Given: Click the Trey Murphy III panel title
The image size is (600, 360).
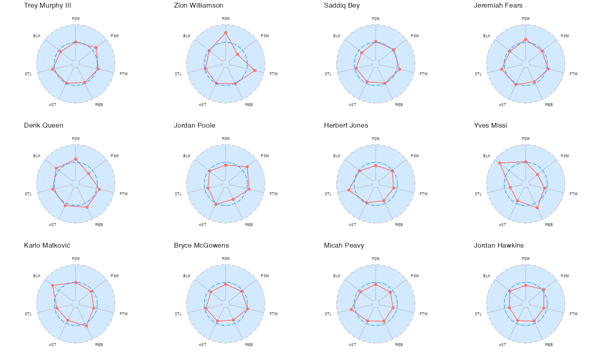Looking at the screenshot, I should [x=48, y=6].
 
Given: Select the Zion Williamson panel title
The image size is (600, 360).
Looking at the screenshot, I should [x=198, y=6].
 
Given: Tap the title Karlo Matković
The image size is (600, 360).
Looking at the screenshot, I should [x=47, y=246].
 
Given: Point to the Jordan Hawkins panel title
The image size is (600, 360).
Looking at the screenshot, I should [x=498, y=246].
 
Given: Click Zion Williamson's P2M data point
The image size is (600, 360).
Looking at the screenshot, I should [x=226, y=33].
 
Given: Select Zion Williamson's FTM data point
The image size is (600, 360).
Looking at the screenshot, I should [x=255, y=70].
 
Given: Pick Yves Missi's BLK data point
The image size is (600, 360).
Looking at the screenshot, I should [x=500, y=163].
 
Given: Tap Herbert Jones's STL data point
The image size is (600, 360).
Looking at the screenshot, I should [x=349, y=190].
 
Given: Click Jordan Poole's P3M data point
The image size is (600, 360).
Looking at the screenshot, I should [x=247, y=167].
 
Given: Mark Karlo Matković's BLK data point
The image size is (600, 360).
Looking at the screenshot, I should [x=52, y=285].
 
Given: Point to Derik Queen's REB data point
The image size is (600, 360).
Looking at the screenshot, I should [x=87, y=207].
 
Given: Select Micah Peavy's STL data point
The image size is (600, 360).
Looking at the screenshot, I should [x=351, y=309].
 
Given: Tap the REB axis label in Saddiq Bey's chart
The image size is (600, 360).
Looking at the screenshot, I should [x=399, y=105].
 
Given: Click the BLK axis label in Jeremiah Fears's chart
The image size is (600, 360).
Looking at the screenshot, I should [x=487, y=36].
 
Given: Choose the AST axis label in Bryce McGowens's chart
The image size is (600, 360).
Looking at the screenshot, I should [x=202, y=345].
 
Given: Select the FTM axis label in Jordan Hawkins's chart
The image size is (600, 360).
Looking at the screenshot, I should [x=573, y=314].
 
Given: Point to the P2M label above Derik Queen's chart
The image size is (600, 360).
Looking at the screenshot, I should [x=76, y=139].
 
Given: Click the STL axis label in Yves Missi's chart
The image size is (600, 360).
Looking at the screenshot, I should [x=478, y=194].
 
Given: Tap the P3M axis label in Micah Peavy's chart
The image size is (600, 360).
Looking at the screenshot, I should [x=415, y=276].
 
